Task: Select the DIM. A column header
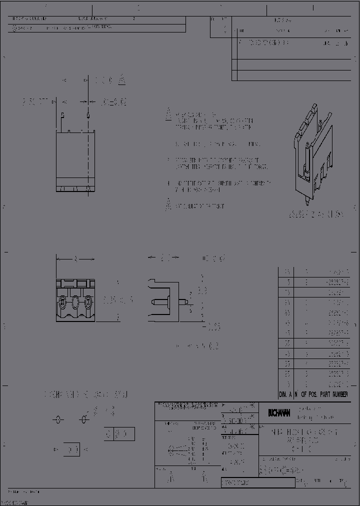pos(285,394)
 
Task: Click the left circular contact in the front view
pos(62,301)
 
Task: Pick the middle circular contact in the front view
pos(75,301)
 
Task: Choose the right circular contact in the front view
pos(88,301)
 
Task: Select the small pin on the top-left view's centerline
pos(88,115)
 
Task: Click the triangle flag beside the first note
pos(168,114)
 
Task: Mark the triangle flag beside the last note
pos(168,205)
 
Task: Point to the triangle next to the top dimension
pos(122,80)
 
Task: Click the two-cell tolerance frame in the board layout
pos(119,434)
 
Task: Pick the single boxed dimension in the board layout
pos(72,449)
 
